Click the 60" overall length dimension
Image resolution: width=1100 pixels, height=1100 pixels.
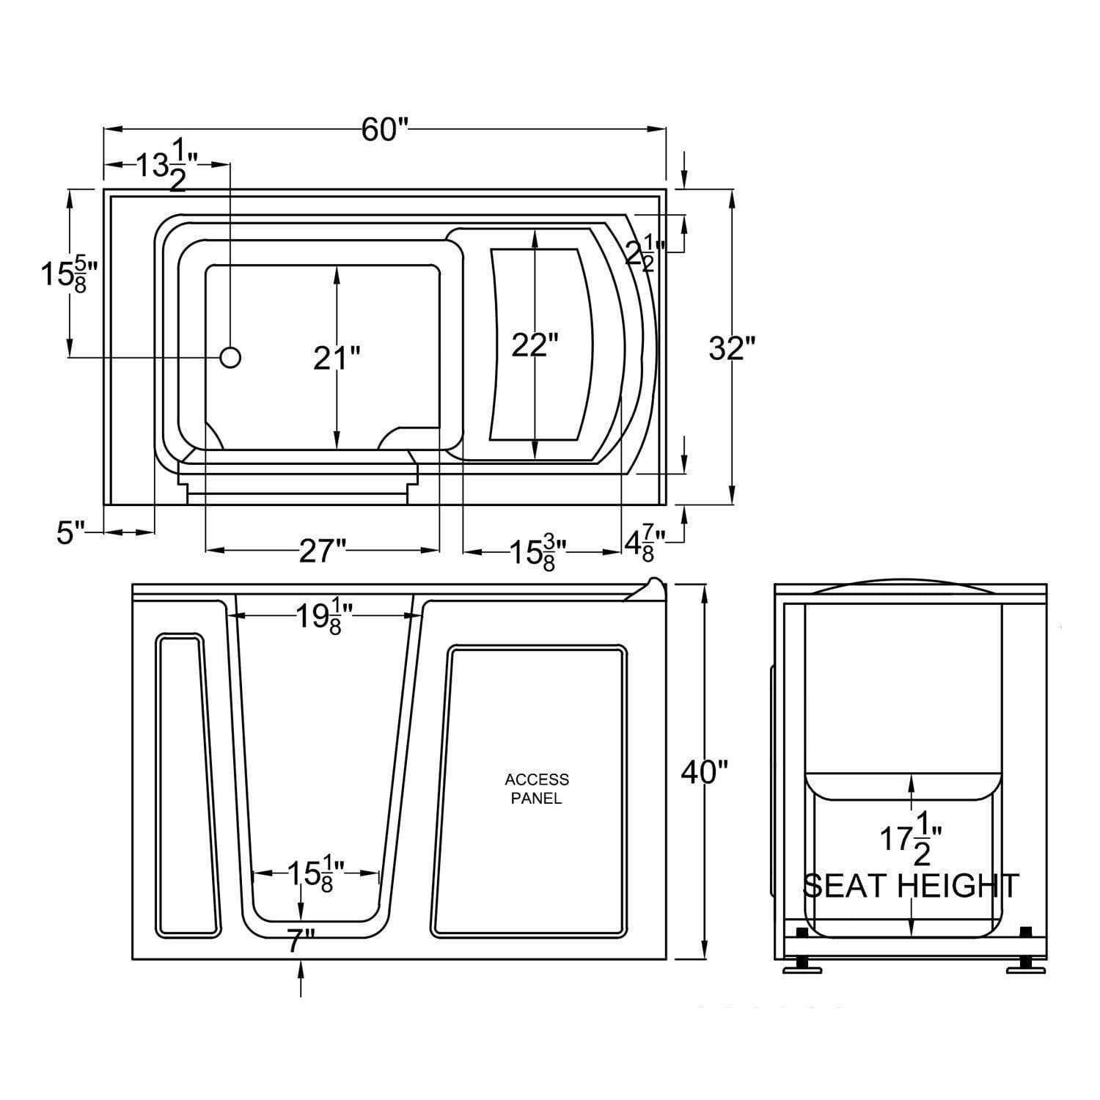tap(384, 130)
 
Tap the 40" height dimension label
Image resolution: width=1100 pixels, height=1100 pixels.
tap(704, 771)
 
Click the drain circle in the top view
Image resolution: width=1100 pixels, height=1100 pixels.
tap(230, 357)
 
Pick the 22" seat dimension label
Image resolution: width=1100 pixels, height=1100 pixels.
tap(535, 345)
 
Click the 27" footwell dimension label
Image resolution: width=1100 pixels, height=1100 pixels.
tap(322, 551)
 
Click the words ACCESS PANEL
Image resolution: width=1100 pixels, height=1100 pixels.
tap(537, 789)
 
